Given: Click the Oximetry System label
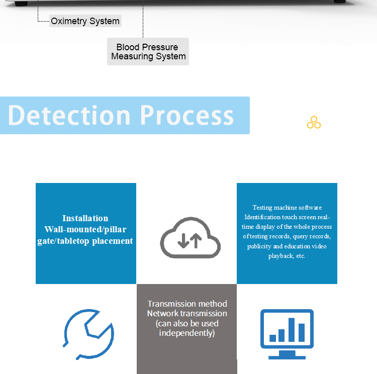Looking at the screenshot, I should [85, 21].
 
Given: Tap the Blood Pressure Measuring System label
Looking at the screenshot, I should [148, 52].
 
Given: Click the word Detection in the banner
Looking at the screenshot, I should [69, 115].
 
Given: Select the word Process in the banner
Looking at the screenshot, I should [187, 115].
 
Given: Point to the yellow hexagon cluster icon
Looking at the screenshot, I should [314, 122].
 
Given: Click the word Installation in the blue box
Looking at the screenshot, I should [85, 218].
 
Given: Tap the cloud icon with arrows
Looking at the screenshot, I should [190, 238].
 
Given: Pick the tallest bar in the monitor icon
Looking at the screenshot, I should [292, 329].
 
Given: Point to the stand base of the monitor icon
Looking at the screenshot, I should [287, 356].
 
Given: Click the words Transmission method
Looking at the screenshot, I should [187, 304].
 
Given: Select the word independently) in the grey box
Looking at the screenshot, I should [187, 333].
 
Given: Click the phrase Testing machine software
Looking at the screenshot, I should [287, 208].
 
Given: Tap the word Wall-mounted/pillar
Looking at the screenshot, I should [85, 230].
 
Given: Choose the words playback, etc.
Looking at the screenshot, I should [287, 256].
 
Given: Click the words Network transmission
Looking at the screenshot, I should [187, 313].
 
